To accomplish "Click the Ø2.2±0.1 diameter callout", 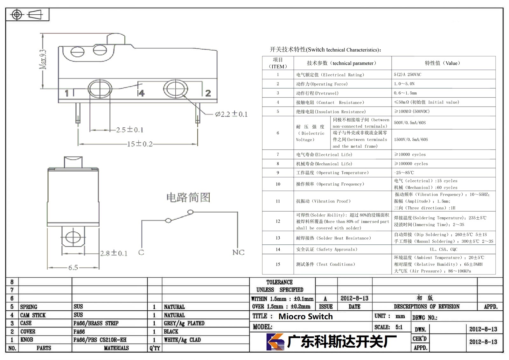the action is coord(231,114).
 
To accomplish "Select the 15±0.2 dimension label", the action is coord(140,144).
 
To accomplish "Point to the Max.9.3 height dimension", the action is coord(43,59).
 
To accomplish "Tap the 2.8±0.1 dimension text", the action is coord(114,253).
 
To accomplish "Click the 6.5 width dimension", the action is coord(73,267).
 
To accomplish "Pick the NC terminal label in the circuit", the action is coord(238,252).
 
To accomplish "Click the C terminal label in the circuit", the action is coord(141,252).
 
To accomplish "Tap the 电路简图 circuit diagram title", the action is coord(188,197).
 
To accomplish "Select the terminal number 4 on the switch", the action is coord(141,93).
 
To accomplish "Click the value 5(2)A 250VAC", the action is coord(408,74).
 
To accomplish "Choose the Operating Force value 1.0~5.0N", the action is coord(404,84).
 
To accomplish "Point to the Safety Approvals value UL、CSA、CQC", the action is coord(443,249).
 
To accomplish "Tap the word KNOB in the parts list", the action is coord(27,340).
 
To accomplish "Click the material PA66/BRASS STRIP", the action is coord(96,323).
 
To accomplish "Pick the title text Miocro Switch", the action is coord(306,316).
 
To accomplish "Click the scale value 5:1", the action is coord(399,327).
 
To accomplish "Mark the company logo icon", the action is coord(275,342).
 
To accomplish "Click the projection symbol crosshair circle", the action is coord(17,15).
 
